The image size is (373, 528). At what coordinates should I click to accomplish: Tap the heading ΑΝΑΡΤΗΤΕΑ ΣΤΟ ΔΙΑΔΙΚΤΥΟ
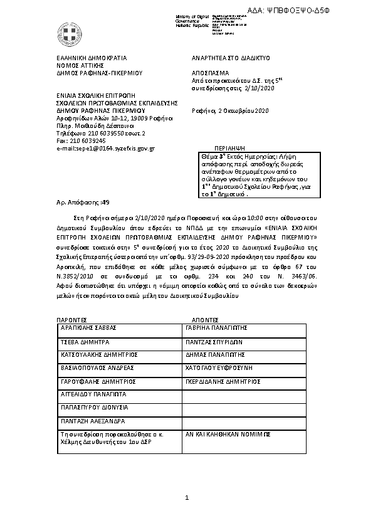(x=230, y=57)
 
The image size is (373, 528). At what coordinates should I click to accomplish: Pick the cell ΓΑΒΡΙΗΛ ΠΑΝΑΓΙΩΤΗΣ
(x=216, y=328)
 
